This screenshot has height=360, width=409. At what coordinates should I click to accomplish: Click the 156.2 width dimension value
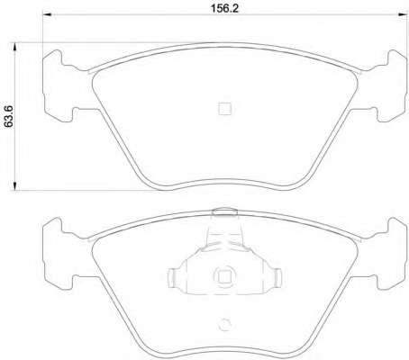point(224,8)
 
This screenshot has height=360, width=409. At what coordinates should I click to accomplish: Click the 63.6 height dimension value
point(8,116)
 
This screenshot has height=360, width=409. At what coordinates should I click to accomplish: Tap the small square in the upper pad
point(224,109)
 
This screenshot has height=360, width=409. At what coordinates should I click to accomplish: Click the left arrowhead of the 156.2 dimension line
point(47,14)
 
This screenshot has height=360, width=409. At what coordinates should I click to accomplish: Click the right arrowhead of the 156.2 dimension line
point(403,14)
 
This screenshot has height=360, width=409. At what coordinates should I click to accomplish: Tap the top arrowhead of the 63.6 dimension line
point(14,48)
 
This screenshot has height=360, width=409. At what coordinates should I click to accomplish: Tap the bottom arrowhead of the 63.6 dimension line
point(14,185)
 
